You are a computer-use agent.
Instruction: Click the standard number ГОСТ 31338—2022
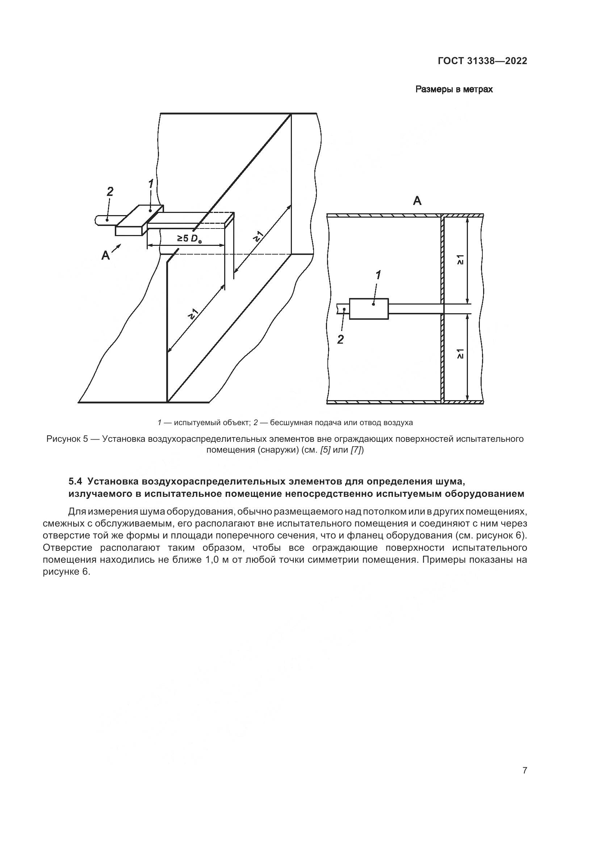(x=482, y=61)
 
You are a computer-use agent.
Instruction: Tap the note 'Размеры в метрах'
(x=454, y=89)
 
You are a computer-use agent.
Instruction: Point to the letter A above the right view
(x=417, y=201)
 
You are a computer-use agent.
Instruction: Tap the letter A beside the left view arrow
(x=105, y=255)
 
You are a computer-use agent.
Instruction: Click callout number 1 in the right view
(x=378, y=275)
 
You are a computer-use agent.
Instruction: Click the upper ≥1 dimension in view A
(x=460, y=260)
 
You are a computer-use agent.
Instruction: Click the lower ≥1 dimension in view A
(x=460, y=354)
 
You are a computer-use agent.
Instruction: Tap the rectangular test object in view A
(x=368, y=309)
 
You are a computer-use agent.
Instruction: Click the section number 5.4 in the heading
(x=76, y=481)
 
